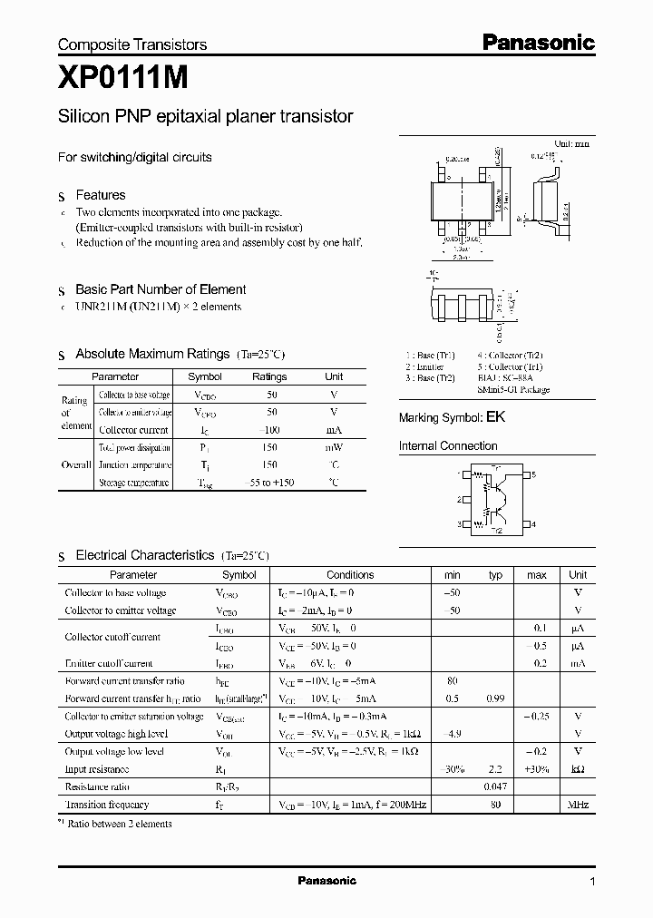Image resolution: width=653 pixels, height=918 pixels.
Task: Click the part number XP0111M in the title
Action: [123, 80]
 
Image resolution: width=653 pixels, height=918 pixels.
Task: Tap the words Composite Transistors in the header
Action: [132, 44]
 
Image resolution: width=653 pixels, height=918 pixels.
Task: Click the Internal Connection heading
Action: [448, 446]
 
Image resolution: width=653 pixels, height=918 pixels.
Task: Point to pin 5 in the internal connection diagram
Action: [533, 474]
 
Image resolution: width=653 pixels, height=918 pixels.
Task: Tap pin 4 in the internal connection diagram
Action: [533, 524]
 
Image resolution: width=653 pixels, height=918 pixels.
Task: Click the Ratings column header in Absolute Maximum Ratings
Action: [269, 376]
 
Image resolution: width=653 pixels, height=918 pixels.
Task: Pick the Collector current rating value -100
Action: [269, 430]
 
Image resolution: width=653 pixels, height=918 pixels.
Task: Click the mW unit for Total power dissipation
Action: [334, 447]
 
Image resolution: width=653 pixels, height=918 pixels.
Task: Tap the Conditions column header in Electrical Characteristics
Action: [350, 575]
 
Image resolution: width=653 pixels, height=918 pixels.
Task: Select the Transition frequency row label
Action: [107, 805]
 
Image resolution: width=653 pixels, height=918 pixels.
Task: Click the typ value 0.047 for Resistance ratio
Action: [495, 787]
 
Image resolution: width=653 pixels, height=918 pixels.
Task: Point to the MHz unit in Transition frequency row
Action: [577, 805]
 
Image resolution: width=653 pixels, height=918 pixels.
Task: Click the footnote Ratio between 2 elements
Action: [122, 824]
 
